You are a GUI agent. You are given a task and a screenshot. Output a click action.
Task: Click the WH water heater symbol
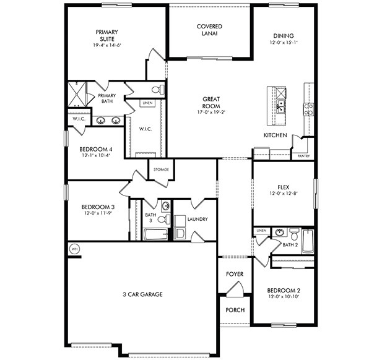pyautogui.click(x=75, y=249)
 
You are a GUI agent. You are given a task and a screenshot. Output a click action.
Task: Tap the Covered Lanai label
pyautogui.click(x=209, y=30)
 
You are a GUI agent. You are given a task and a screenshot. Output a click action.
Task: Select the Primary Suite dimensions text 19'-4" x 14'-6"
pyautogui.click(x=106, y=45)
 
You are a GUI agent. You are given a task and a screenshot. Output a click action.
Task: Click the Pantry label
pyautogui.click(x=303, y=156)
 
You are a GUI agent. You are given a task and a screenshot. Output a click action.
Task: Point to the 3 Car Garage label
pyautogui.click(x=142, y=294)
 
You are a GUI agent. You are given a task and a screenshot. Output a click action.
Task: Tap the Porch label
pyautogui.click(x=235, y=310)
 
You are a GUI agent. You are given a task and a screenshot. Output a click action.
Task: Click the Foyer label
pyautogui.click(x=235, y=274)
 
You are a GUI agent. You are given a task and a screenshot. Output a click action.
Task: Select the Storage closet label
pyautogui.click(x=162, y=169)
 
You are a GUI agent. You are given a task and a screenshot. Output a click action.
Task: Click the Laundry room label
pyautogui.click(x=196, y=219)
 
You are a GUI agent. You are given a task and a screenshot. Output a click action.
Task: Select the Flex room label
pyautogui.click(x=284, y=186)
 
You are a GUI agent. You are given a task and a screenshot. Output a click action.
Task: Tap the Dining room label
pyautogui.click(x=283, y=35)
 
